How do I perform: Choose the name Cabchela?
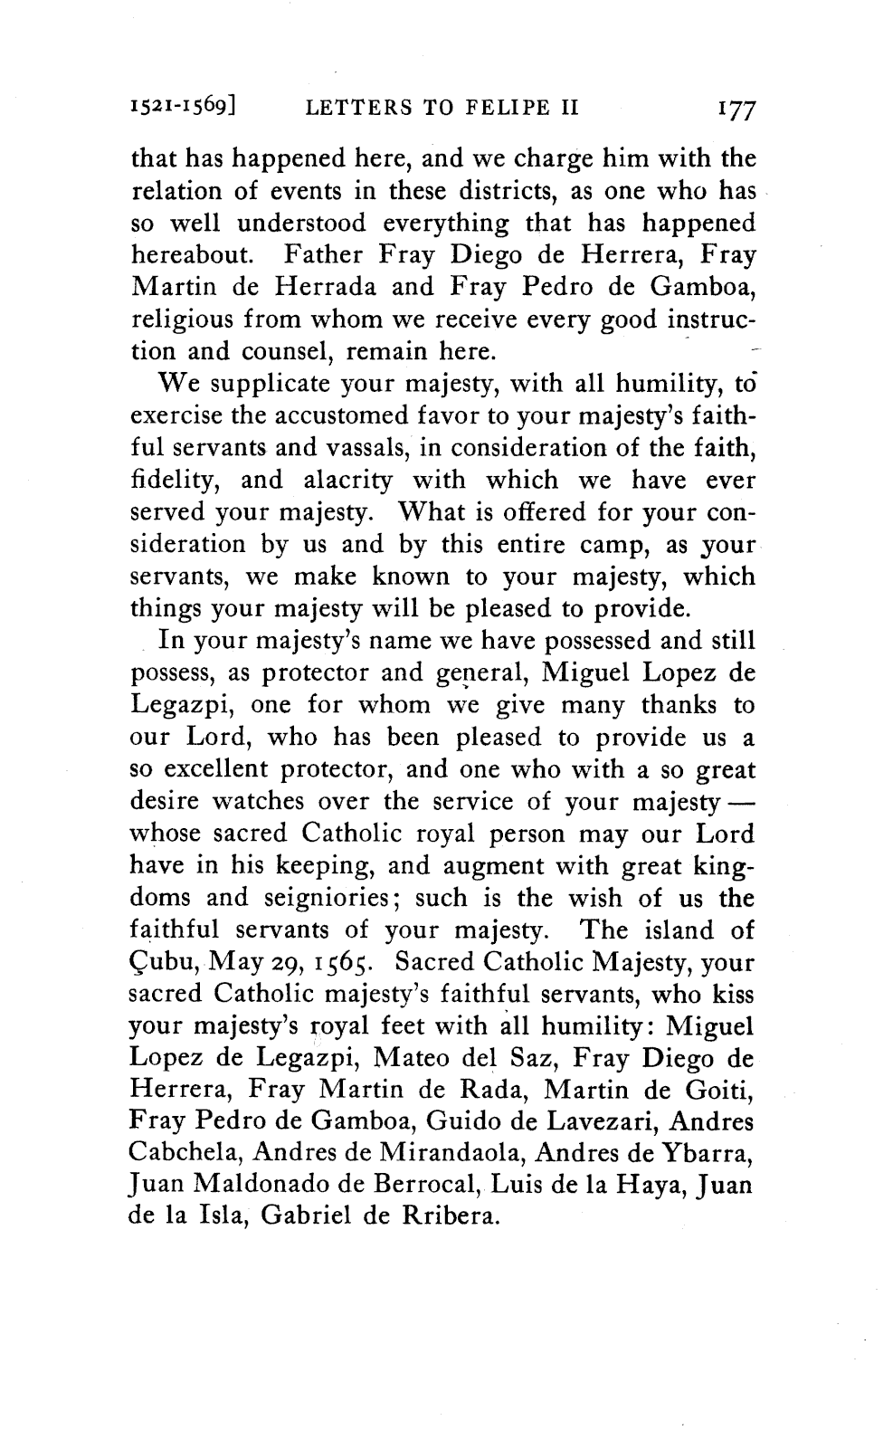pos(185,1155)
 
